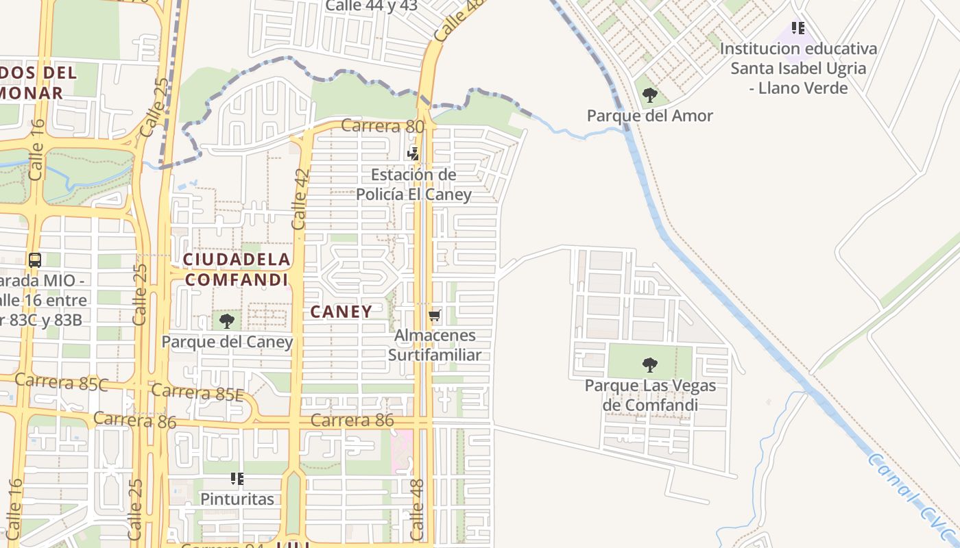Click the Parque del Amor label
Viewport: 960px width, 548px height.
(649, 116)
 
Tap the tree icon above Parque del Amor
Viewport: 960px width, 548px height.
(650, 95)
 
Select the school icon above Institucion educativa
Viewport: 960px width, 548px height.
(797, 28)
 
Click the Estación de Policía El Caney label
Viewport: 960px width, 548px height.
(413, 184)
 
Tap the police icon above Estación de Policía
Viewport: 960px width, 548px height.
(413, 153)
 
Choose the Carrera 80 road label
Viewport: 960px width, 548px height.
(383, 126)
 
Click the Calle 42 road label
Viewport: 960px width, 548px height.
(300, 199)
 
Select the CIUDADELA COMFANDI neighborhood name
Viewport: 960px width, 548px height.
(237, 269)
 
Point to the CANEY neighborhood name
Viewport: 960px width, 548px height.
(341, 312)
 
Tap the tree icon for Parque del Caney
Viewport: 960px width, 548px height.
(227, 320)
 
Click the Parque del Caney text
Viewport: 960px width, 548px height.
(227, 341)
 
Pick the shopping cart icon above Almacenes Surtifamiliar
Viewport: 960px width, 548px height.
(434, 316)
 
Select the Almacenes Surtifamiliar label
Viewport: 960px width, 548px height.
(435, 345)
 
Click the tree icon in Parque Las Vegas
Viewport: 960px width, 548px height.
(649, 364)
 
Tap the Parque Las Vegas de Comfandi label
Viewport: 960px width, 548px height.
(650, 395)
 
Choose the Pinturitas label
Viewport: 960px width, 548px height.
(237, 499)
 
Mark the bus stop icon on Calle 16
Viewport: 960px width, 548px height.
(35, 260)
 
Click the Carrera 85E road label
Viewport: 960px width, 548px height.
(197, 393)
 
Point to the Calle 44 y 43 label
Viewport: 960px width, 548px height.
(371, 5)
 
